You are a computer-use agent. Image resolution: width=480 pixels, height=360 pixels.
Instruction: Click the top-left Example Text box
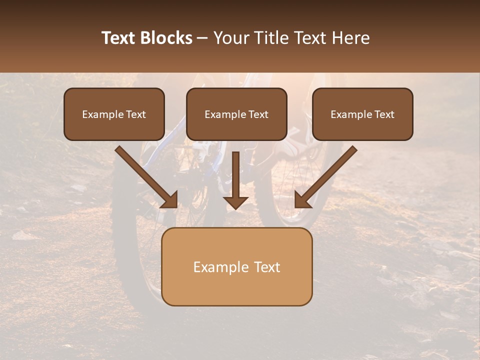point(114,114)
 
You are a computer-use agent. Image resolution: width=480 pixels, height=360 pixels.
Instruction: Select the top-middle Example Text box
point(236,114)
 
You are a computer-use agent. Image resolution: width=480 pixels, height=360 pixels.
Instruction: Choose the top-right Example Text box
point(362,114)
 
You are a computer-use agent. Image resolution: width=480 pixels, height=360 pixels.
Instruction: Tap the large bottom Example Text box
point(236,266)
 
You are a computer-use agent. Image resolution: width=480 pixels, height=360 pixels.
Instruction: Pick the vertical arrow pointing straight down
point(235,180)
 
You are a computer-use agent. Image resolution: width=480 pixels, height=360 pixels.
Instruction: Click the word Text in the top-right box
point(384,114)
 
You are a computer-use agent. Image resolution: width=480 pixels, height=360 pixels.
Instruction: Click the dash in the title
point(202,38)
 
